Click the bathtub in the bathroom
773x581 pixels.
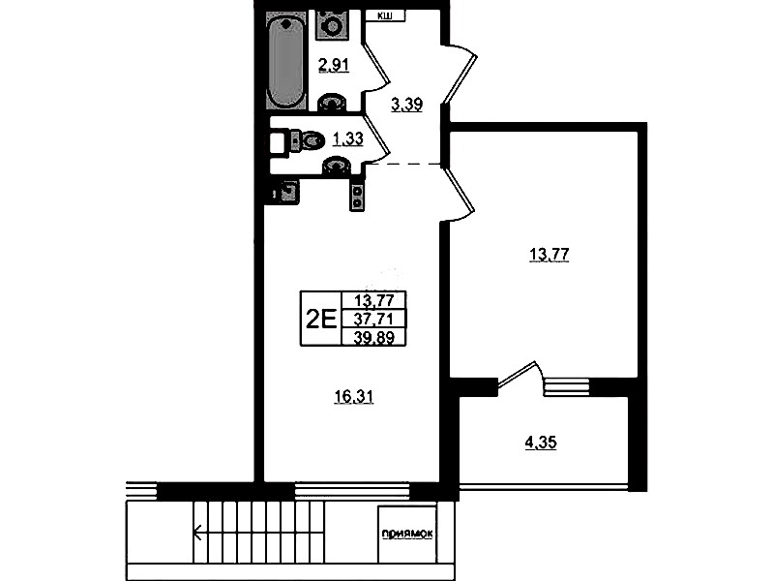pos(286,60)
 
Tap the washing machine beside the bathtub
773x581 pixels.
pos(333,24)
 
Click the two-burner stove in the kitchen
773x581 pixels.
pos(356,194)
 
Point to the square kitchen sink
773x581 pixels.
pos(288,191)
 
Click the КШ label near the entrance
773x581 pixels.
pos(385,16)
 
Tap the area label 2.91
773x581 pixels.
pos(334,65)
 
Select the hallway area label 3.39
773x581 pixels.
pos(406,105)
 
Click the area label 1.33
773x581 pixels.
pos(348,139)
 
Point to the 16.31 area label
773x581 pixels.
pos(353,396)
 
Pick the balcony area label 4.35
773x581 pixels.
pos(540,443)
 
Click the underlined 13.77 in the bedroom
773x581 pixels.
pos(550,255)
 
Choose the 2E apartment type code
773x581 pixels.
pos(321,319)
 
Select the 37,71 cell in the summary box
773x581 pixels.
pos(373,320)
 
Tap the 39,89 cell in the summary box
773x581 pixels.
pos(373,337)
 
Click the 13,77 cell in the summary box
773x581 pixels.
pos(373,300)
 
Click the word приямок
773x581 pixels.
pos(407,534)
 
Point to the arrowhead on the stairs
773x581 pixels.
pos(198,533)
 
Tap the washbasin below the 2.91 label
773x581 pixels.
pos(334,103)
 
